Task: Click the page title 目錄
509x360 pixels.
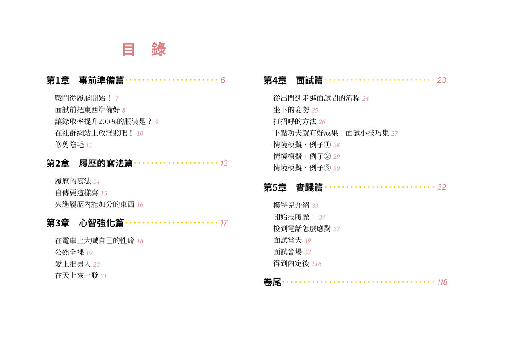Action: (144, 49)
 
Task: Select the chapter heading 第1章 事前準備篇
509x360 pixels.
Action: (85, 80)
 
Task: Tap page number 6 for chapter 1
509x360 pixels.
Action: (223, 80)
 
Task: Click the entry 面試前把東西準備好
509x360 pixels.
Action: (87, 110)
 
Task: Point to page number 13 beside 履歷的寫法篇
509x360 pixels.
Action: (224, 163)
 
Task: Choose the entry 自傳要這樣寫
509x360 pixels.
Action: (77, 193)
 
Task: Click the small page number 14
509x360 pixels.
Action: (97, 181)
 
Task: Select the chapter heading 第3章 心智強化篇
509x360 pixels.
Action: (85, 223)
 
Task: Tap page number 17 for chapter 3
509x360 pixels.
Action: (224, 223)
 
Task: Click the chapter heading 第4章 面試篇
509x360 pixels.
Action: (293, 80)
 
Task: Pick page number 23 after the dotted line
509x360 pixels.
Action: (441, 80)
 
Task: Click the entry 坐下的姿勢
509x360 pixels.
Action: (291, 110)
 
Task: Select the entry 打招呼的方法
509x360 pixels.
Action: (295, 122)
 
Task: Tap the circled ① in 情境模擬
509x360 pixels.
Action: (327, 144)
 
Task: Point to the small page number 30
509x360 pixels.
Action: (336, 168)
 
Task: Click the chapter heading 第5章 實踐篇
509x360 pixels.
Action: (293, 187)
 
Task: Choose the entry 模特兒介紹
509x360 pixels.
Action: (291, 205)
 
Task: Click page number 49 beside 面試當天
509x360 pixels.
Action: (307, 241)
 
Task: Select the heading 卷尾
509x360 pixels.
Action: (272, 282)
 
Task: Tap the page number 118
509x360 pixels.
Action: (442, 282)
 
